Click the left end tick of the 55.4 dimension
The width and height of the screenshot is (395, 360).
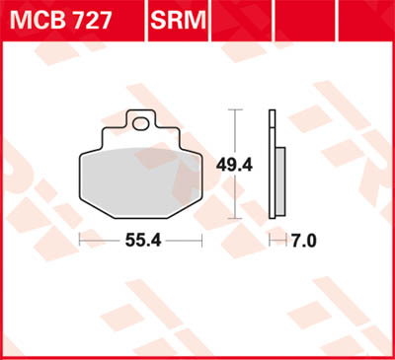click(x=79, y=240)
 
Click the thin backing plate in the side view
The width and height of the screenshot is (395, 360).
click(x=273, y=168)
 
